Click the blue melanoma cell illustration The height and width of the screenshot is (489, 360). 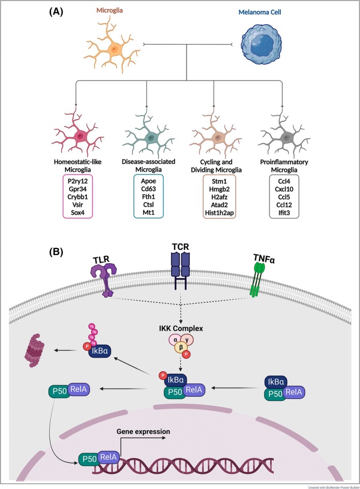[260, 46]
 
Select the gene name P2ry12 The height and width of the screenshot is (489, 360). [77, 181]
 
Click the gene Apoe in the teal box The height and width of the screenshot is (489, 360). [148, 181]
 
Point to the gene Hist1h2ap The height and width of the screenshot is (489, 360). [219, 213]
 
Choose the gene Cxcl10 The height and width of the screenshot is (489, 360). [284, 189]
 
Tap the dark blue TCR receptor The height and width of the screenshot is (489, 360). [181, 268]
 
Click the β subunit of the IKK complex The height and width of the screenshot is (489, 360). [181, 347]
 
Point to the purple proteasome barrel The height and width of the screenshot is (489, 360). [35, 350]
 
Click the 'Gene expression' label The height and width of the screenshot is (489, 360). [143, 432]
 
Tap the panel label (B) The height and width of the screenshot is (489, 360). [56, 252]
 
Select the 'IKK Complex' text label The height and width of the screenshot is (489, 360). [181, 328]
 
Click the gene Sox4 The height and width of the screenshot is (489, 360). [77, 213]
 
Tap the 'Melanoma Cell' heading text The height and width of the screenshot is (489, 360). [260, 12]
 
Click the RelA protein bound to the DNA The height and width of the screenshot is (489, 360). [109, 457]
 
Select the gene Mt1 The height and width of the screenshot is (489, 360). [148, 213]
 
